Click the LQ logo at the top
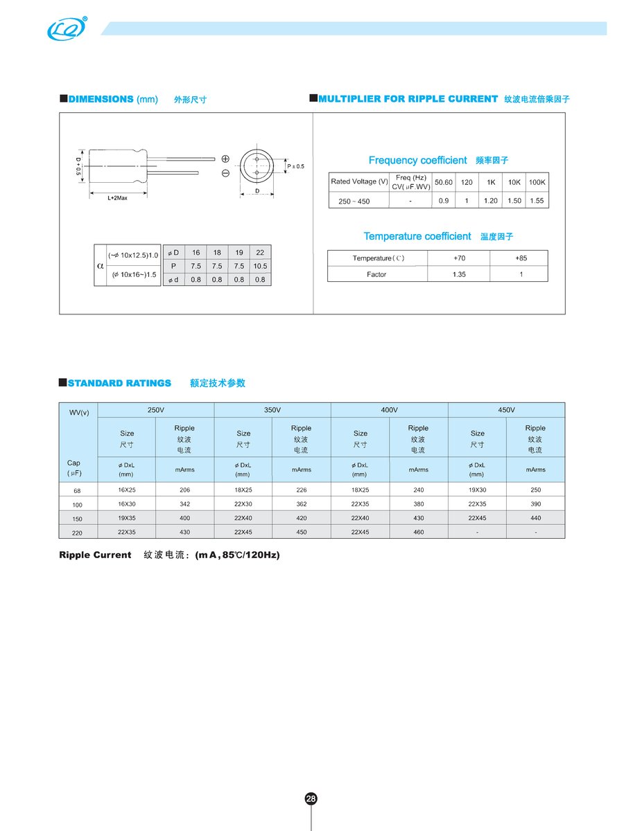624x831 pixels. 67,28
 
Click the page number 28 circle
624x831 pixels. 311,798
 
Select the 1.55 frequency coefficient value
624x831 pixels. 537,201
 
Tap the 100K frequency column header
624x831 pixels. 537,181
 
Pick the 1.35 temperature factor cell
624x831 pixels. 459,274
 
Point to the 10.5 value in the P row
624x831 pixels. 260,266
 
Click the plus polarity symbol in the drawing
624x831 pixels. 225,159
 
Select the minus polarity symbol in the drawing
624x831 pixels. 225,173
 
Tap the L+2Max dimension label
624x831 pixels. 117,199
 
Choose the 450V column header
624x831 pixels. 506,410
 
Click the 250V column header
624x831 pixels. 156,410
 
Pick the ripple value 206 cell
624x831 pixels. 184,490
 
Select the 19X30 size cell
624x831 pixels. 477,490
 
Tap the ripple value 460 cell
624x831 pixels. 418,532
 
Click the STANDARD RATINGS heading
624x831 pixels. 119,383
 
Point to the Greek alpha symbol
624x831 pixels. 101,265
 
